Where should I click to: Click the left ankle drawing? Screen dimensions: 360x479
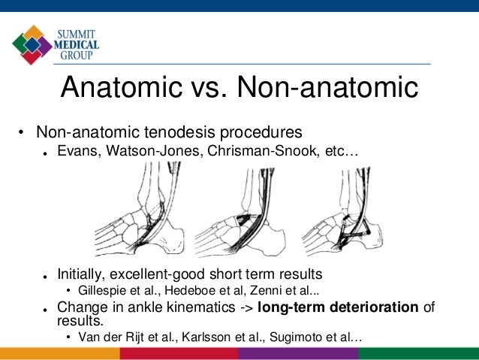point(139,213)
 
